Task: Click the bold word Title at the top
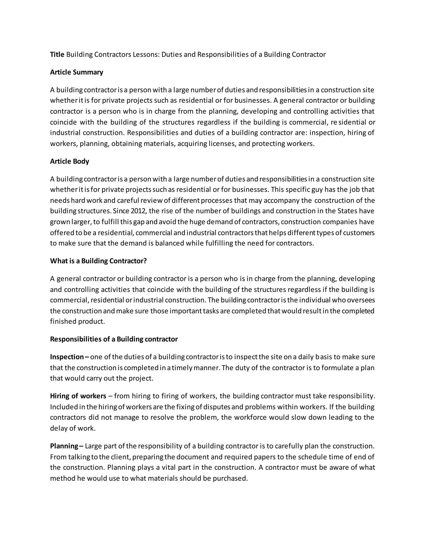pyautogui.click(x=57, y=54)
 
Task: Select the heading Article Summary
pyautogui.click(x=77, y=72)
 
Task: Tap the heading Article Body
pyautogui.click(x=70, y=161)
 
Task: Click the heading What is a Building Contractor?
pyautogui.click(x=98, y=261)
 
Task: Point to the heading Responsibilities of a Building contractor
pyautogui.click(x=114, y=339)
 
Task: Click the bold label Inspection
pyautogui.click(x=67, y=357)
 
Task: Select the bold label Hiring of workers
pyautogui.click(x=78, y=396)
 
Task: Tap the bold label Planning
pyautogui.click(x=64, y=446)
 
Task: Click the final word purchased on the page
pyautogui.click(x=230, y=478)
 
